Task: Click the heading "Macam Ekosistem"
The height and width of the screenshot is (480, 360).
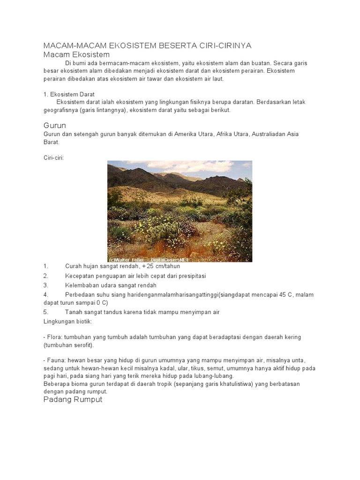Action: point(76,54)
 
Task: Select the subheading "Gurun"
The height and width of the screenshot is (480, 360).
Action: point(54,126)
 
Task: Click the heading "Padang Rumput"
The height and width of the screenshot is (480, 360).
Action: point(73,400)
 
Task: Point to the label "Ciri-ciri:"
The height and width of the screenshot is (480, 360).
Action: point(53,157)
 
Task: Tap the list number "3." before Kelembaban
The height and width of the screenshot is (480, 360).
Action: point(46,285)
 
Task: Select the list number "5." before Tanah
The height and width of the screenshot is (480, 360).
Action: point(46,312)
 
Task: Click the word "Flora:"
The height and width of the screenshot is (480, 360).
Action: point(54,337)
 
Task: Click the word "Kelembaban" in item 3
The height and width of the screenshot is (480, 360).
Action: point(82,285)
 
